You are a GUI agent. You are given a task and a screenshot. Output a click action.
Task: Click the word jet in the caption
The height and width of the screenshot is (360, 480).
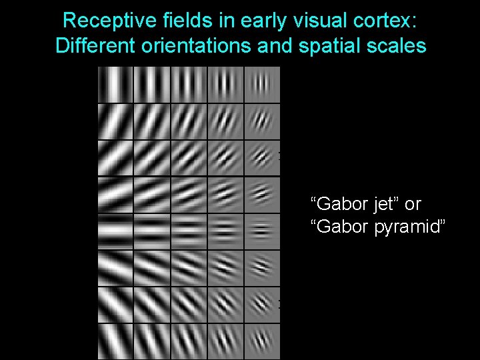click(x=383, y=203)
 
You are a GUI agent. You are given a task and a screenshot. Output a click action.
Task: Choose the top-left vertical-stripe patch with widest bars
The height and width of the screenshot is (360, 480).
click(x=116, y=85)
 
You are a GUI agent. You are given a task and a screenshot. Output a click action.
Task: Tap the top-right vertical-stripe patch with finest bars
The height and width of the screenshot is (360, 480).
click(x=262, y=85)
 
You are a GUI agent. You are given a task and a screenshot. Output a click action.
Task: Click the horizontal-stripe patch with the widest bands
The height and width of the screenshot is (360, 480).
click(x=116, y=231)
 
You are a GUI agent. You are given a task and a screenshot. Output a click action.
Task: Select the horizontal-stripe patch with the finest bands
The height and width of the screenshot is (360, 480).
click(x=262, y=231)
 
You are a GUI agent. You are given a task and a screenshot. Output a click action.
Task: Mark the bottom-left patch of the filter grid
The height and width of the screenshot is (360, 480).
click(x=116, y=341)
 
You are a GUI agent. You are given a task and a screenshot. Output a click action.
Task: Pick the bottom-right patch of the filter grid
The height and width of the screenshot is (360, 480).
click(x=262, y=341)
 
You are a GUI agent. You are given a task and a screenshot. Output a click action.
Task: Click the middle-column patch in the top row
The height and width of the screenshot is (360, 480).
click(x=189, y=85)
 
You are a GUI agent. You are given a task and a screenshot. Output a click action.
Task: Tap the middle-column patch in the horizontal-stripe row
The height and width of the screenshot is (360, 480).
click(x=189, y=231)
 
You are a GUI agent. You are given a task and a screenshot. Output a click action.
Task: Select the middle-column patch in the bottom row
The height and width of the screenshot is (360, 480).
click(x=189, y=341)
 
